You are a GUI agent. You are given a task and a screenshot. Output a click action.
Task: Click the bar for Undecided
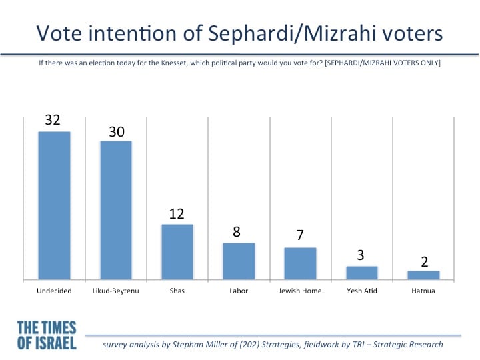tap(54, 206)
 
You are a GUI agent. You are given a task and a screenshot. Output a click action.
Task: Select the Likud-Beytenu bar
tap(116, 210)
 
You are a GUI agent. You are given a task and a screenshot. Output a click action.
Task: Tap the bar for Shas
tap(177, 252)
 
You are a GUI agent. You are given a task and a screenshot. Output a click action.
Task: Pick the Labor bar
tap(239, 261)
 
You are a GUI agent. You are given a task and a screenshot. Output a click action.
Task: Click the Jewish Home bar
tap(300, 263)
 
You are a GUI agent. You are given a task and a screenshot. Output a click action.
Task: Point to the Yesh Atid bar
tap(362, 273)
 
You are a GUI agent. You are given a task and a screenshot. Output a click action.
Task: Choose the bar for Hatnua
tap(423, 275)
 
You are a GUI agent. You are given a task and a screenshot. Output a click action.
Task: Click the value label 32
tap(53, 120)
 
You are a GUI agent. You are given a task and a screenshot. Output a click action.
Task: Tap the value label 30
tap(117, 131)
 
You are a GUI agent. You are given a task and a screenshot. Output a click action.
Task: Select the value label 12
tap(177, 214)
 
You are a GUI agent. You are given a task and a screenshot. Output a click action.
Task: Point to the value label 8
tap(236, 232)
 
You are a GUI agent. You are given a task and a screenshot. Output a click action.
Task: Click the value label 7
tap(300, 235)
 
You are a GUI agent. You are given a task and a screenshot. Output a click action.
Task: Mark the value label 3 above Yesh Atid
tap(361, 255)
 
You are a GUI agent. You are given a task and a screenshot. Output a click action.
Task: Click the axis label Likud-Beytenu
tap(116, 291)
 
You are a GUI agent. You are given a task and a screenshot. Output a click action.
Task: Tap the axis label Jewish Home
tap(300, 291)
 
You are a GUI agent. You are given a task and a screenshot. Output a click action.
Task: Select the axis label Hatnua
tap(423, 291)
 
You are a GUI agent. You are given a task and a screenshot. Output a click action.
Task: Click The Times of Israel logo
tap(47, 335)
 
